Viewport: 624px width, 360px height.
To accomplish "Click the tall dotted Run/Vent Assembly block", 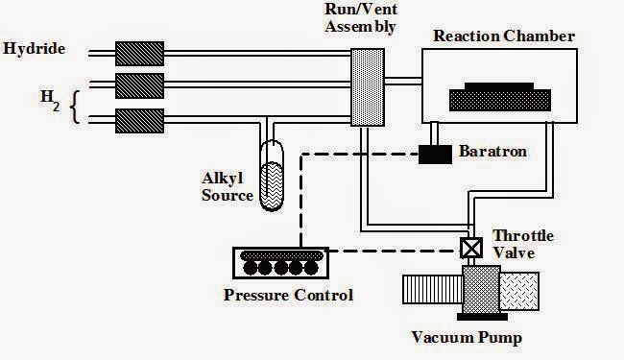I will click(366, 86).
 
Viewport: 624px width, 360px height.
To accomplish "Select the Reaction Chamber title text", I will click(504, 36).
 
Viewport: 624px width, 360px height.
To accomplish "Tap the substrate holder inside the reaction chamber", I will click(500, 98).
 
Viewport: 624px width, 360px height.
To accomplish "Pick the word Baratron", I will click(492, 152).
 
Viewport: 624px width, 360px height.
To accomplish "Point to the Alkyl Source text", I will click(228, 186).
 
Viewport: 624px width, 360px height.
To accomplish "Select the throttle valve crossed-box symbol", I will click(470, 248).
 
